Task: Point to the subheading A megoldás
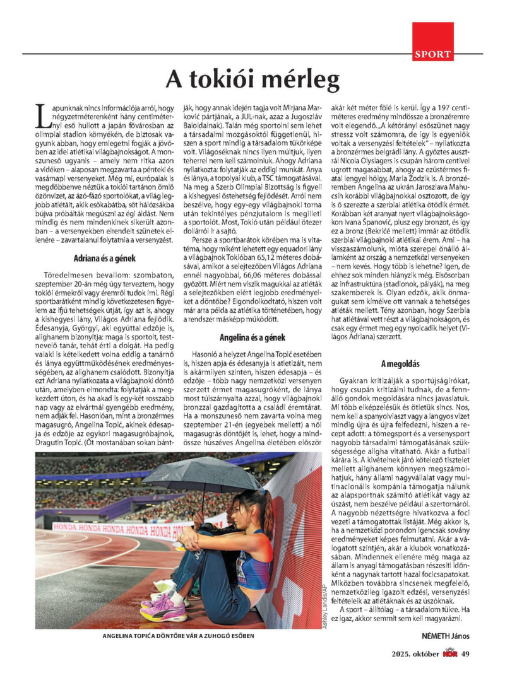coord(400,364)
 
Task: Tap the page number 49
coord(466,653)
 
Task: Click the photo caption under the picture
coord(178,636)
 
